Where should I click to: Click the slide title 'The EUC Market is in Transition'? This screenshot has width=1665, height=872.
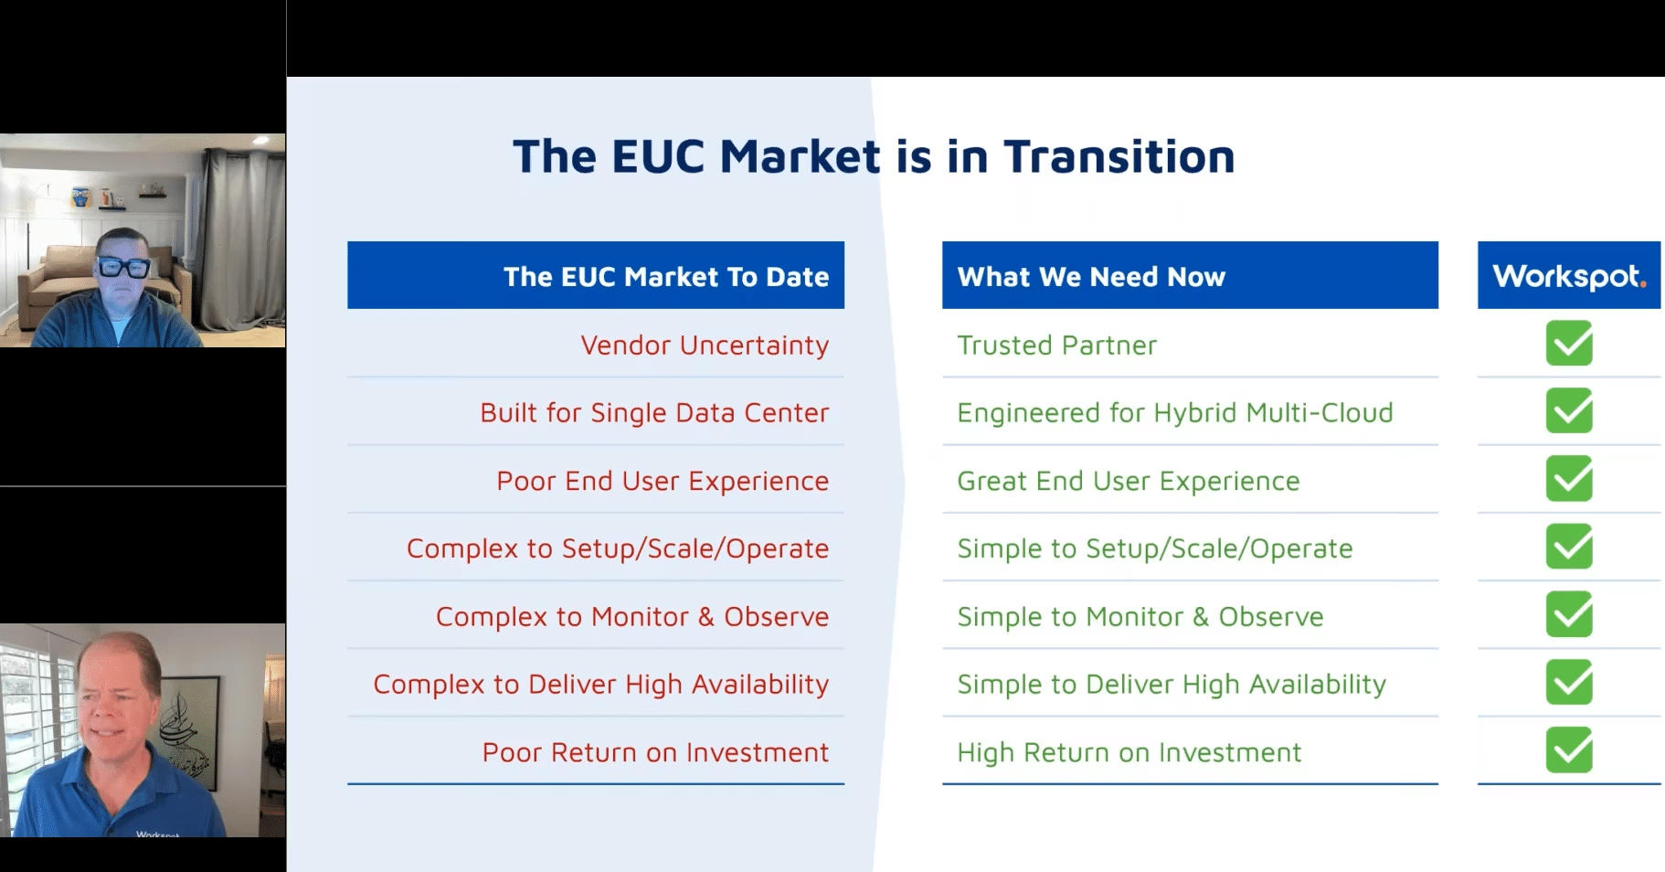874,156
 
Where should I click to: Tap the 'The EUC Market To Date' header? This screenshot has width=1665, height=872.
666,276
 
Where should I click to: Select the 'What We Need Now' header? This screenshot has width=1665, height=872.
1091,276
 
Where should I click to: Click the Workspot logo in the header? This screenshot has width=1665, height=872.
1569,275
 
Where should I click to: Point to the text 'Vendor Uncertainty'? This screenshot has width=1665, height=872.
705,346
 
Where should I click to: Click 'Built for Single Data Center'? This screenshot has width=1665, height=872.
654,413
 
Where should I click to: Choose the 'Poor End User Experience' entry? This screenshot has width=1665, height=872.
663,481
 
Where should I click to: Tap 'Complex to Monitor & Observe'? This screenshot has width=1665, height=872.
632,617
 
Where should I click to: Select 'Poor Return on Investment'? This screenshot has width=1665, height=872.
655,752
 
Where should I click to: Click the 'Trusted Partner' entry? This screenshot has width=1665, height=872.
1056,346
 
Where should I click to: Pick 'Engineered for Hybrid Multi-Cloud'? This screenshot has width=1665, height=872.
1175,413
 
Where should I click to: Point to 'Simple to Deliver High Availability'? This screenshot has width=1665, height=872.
1172,685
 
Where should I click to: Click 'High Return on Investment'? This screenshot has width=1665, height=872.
1129,752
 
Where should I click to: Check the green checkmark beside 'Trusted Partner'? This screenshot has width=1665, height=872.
1569,344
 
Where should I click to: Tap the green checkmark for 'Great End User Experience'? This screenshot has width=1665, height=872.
1569,479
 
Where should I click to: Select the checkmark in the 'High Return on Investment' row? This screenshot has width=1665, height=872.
1569,750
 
